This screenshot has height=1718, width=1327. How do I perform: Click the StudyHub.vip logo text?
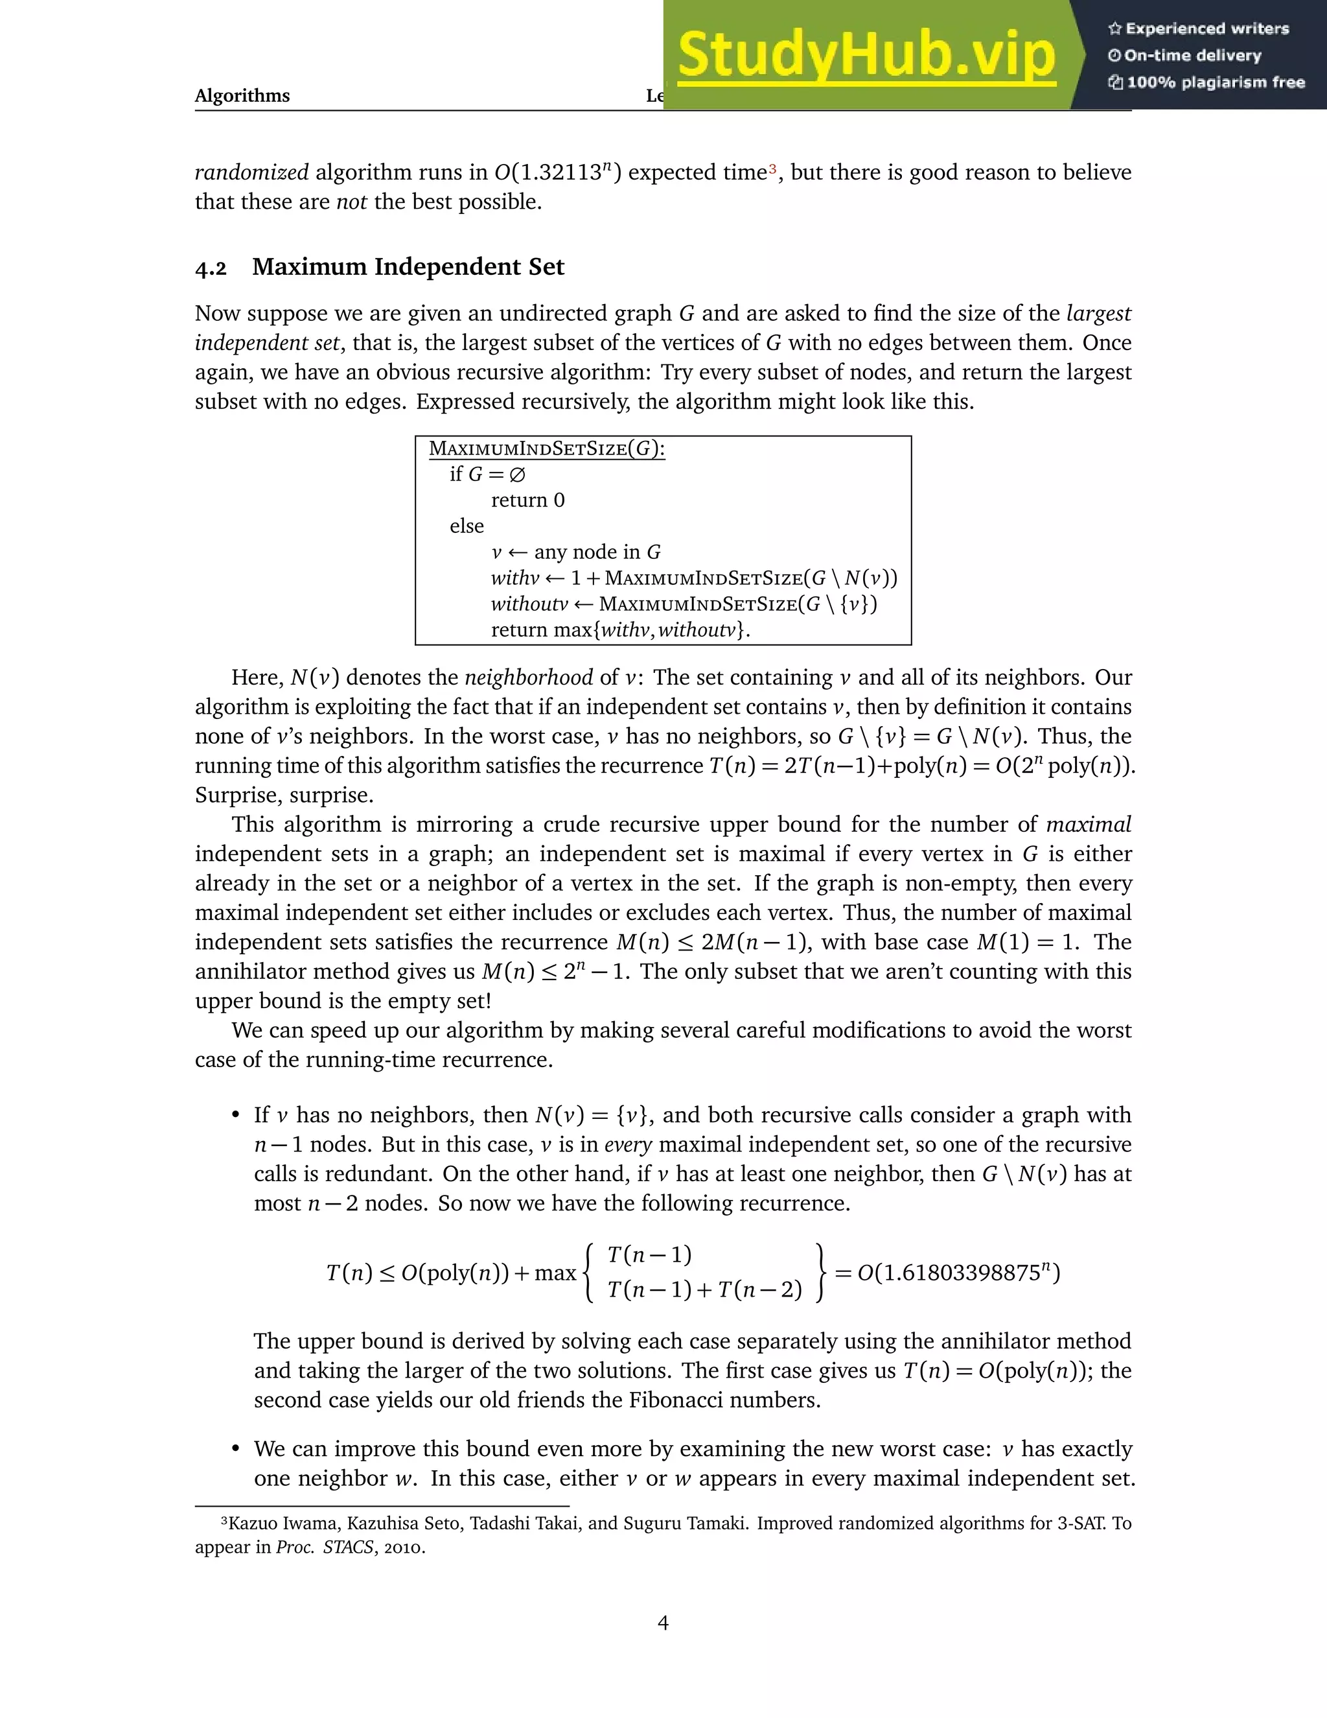point(865,55)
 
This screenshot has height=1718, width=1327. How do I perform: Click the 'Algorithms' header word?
point(242,96)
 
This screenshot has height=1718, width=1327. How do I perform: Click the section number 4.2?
point(211,268)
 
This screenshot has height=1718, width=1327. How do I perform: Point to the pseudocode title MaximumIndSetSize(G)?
point(546,449)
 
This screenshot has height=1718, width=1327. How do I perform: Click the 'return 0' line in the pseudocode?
point(527,500)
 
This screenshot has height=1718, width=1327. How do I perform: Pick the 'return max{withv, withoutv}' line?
point(620,630)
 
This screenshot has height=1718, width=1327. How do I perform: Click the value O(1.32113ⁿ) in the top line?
point(557,172)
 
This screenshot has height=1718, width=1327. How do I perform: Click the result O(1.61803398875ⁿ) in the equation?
point(958,1273)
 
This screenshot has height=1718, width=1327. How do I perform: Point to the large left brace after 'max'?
point(590,1273)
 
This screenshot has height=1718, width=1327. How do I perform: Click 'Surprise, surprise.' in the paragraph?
point(284,795)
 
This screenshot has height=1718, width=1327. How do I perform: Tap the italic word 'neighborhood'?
point(528,678)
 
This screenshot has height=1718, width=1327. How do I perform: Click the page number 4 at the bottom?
point(663,1623)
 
